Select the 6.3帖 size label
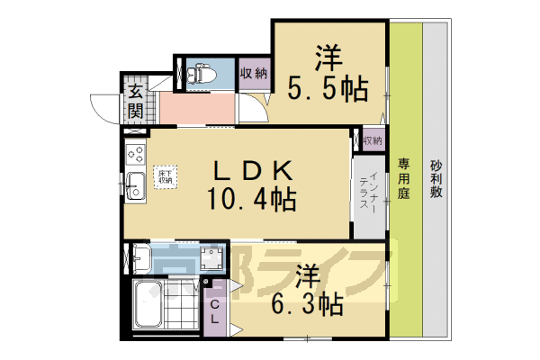pyautogui.click(x=309, y=303)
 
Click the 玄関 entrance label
pyautogui.click(x=135, y=102)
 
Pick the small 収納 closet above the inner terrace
pyautogui.click(x=373, y=140)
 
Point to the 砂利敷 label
pyautogui.click(x=436, y=180)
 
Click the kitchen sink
pyautogui.click(x=135, y=185)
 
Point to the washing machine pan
pyautogui.click(x=211, y=259)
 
